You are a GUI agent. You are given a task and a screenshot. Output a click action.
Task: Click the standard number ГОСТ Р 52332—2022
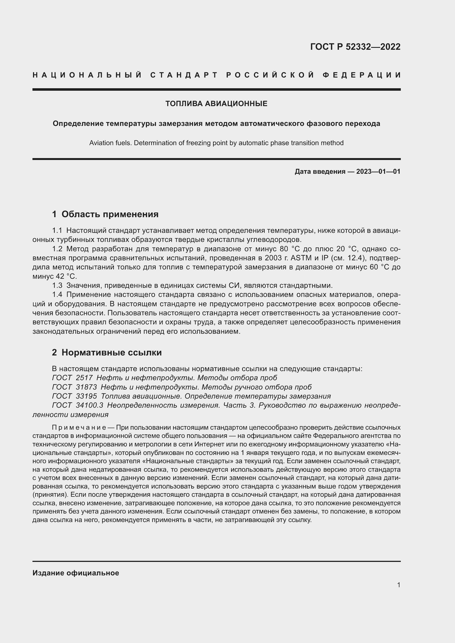355,47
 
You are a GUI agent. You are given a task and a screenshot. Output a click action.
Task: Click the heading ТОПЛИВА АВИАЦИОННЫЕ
216,104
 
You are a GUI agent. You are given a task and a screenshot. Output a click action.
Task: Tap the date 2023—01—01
378,171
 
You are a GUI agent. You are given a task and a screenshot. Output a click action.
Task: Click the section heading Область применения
110,214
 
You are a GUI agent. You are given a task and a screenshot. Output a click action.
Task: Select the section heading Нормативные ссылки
111,352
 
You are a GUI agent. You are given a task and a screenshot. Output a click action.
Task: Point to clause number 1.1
57,230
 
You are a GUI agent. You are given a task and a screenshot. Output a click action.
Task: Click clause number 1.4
57,295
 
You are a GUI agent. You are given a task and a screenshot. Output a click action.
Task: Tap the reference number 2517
84,378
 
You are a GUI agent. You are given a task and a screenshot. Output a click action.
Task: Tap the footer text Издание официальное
76,573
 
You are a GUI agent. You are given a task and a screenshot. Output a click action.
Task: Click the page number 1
399,585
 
